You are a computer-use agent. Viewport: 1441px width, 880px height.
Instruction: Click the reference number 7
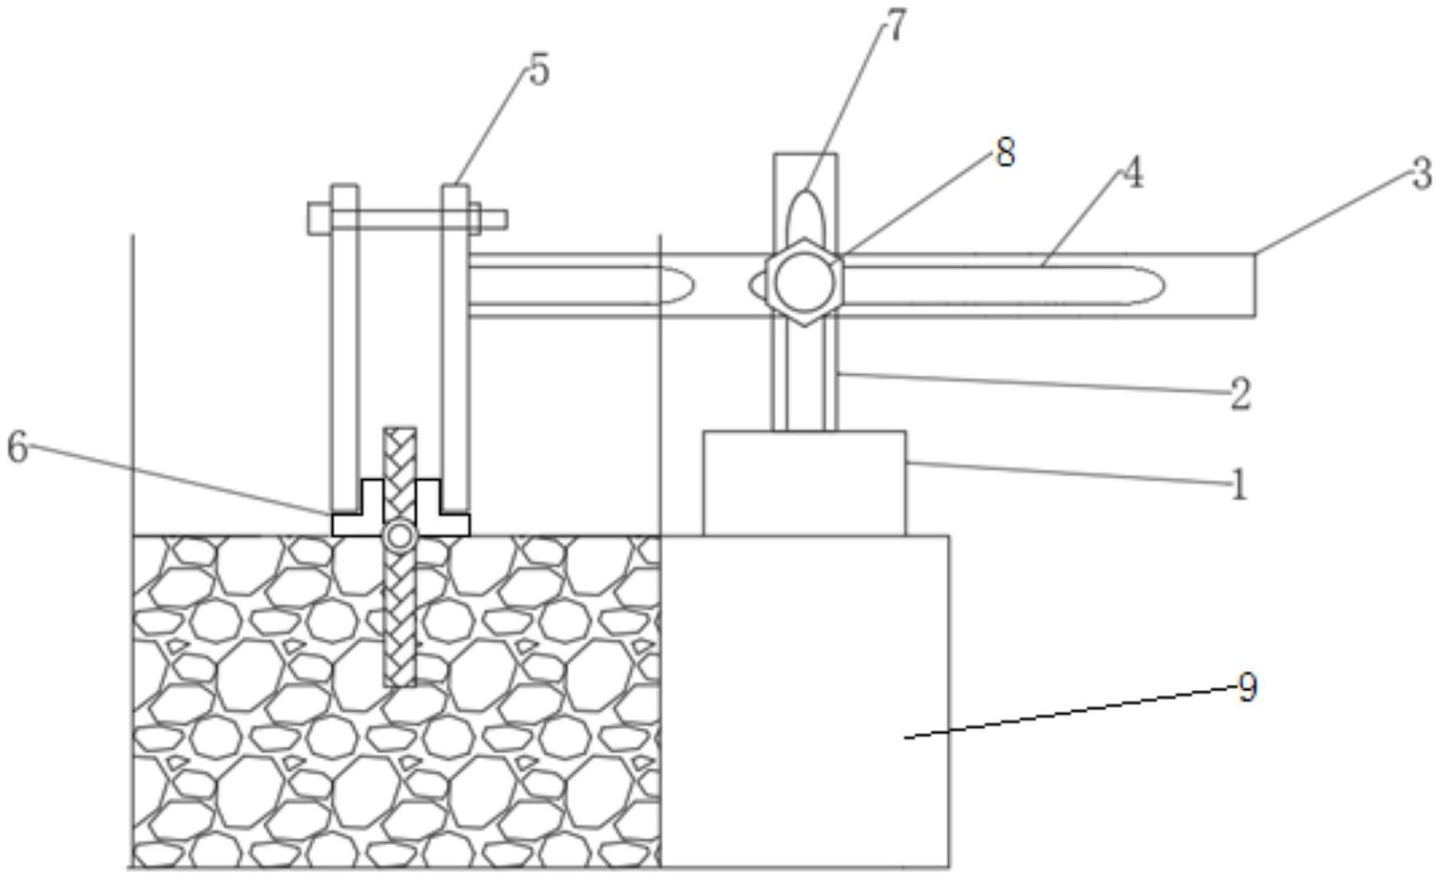pos(895,26)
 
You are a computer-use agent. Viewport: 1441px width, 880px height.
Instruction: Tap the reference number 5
pos(539,71)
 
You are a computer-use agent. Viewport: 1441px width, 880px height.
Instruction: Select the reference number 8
pos(1006,153)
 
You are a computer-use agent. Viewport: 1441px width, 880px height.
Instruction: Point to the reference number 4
pos(1133,173)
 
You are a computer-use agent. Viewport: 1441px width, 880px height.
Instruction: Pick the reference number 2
pos(1240,394)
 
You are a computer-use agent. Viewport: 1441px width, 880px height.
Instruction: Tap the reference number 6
pos(17,447)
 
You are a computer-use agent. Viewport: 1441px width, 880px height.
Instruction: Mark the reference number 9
pos(1247,688)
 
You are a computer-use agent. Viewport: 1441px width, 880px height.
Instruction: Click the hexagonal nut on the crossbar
pos(804,282)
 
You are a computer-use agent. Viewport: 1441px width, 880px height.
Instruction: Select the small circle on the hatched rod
pos(399,535)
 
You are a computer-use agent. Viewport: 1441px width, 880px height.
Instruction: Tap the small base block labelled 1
pos(804,483)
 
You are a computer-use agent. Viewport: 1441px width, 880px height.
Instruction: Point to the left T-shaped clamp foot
pos(358,508)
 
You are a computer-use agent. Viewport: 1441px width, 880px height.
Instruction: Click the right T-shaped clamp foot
pos(442,508)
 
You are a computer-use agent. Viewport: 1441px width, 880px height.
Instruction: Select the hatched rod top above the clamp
pos(399,453)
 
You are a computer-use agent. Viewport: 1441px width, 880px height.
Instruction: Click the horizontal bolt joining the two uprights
pos(407,218)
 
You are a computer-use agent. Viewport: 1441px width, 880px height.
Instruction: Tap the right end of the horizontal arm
pos(1255,285)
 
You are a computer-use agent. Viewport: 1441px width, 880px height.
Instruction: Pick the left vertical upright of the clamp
pos(345,348)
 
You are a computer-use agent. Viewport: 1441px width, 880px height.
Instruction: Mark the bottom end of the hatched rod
pos(399,686)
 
